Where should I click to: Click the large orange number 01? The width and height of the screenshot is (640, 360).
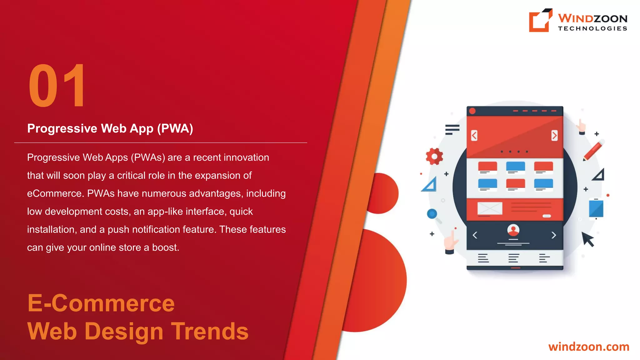point(57,86)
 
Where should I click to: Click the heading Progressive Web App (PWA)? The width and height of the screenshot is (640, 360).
point(110,128)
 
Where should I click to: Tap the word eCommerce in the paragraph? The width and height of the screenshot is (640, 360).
point(54,193)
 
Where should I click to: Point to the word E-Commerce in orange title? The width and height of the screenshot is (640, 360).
point(101,303)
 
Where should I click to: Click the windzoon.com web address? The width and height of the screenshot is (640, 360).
point(589,347)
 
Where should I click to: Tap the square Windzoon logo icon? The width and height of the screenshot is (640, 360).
point(540,21)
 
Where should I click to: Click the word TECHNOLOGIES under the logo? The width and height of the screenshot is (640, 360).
point(592,28)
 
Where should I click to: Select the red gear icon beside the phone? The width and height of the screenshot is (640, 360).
point(434,156)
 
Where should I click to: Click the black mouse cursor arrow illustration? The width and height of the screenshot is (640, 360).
point(588,239)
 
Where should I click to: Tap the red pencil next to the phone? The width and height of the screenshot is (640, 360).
point(592,151)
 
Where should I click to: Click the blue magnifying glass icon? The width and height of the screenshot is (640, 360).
point(432,214)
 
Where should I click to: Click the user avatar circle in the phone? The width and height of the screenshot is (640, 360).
point(513,230)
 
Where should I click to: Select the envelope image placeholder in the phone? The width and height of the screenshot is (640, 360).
point(490,208)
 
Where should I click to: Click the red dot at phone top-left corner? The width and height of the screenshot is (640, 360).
point(472,111)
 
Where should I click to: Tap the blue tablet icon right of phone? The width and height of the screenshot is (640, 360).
point(596,208)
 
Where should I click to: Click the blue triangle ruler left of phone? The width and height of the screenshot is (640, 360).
point(429,184)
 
